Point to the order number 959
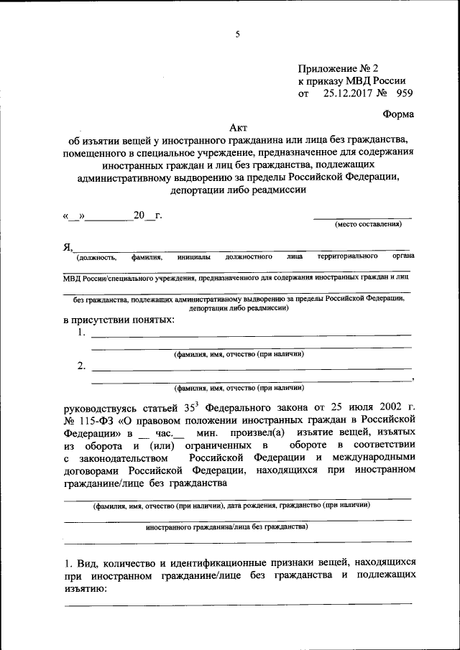pyautogui.click(x=402, y=93)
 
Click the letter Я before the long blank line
pyautogui.click(x=68, y=247)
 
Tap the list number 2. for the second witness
pyautogui.click(x=81, y=367)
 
